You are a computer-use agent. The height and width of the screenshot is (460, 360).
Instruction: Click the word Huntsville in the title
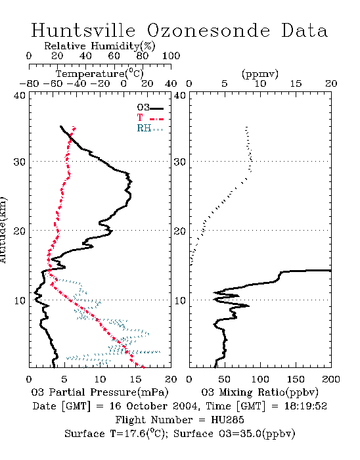(x=83, y=30)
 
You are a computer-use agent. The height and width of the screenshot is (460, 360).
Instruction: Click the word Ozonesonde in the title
(x=208, y=30)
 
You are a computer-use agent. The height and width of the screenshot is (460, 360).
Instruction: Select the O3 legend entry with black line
(x=150, y=108)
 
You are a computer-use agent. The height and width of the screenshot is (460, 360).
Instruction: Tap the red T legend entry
(x=150, y=118)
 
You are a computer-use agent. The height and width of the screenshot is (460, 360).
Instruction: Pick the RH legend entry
(x=150, y=128)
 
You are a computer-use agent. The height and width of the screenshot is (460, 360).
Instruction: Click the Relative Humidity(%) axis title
(x=100, y=46)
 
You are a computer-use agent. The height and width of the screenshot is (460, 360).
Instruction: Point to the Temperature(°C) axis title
(x=100, y=74)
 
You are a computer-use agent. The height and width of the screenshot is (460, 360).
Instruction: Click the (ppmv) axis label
(x=260, y=74)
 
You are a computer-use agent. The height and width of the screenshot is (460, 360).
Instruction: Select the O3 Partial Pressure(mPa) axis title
(x=100, y=392)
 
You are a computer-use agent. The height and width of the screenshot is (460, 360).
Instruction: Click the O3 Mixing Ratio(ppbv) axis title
(x=259, y=392)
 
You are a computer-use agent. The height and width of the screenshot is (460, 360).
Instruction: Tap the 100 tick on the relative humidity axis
(x=171, y=56)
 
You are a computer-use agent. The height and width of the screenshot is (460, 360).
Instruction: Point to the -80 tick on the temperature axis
(x=29, y=84)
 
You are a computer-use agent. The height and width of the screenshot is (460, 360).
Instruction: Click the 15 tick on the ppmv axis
(x=296, y=84)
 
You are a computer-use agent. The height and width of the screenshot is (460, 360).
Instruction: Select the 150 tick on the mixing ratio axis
(x=296, y=379)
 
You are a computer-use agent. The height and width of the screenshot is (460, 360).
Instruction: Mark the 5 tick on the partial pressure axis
(x=64, y=379)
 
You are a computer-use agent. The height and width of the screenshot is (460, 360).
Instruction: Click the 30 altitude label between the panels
(x=179, y=162)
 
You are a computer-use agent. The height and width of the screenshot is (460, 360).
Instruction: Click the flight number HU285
(x=227, y=420)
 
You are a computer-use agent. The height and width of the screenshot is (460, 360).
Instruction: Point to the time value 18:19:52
(x=305, y=406)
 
